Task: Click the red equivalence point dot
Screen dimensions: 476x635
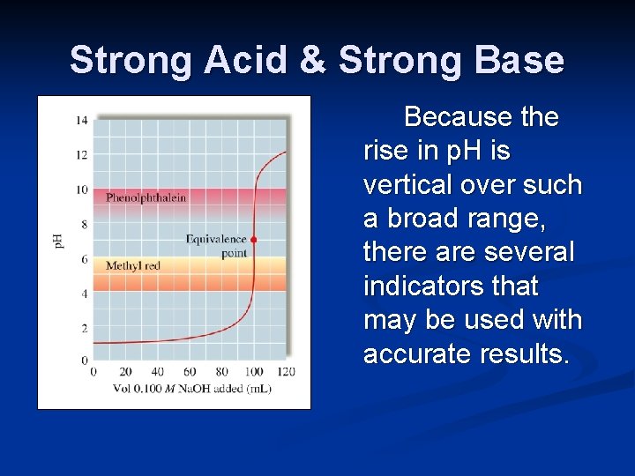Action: [254, 239]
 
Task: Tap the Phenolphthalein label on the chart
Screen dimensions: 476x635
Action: [146, 197]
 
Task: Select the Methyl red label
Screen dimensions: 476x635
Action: [133, 265]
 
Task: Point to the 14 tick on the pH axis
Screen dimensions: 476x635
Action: [82, 121]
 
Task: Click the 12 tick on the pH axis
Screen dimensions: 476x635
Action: [82, 155]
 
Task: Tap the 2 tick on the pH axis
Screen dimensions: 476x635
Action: [85, 328]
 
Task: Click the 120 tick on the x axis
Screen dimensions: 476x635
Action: [286, 371]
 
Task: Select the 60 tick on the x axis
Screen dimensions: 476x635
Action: [190, 371]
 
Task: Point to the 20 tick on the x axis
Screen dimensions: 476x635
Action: [125, 371]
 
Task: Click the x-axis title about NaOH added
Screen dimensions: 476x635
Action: [191, 388]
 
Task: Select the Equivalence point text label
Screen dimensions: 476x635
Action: [216, 246]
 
